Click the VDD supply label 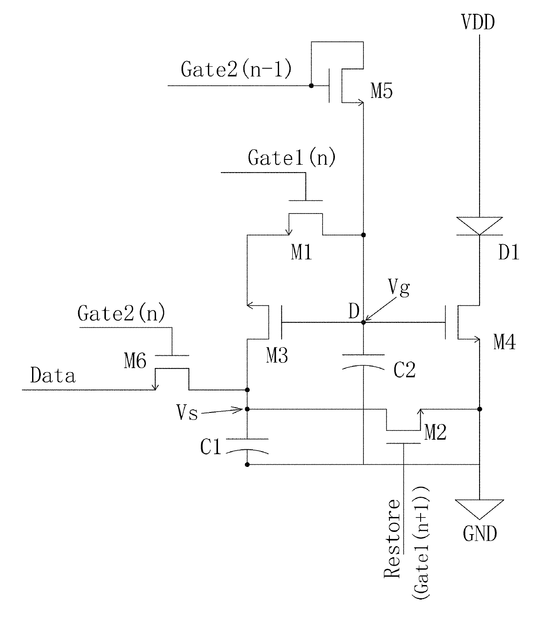coord(478,22)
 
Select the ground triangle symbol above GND coord(480,509)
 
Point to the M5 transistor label coord(381,91)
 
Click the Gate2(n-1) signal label coord(236,69)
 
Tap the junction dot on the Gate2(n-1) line coord(311,86)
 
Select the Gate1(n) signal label coord(291,158)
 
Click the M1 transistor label coord(302,253)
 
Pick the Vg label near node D coord(399,288)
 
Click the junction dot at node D coord(363,322)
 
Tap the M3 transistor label coord(277,355)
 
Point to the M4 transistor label coord(505,342)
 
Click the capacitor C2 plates coord(363,362)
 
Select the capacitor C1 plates coord(247,446)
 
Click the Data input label coord(53,375)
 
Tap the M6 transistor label coord(135,361)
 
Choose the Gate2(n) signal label coord(121,313)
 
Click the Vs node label coord(187,413)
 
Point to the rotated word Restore coord(392,538)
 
